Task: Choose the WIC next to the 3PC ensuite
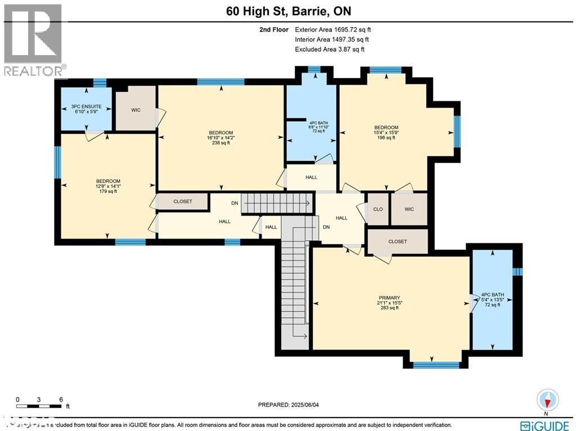136,110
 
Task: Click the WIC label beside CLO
409,209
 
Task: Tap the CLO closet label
378,209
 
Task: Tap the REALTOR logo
34,39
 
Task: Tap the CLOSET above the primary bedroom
397,241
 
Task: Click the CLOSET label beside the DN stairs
182,201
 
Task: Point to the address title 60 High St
287,11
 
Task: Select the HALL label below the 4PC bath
311,177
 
